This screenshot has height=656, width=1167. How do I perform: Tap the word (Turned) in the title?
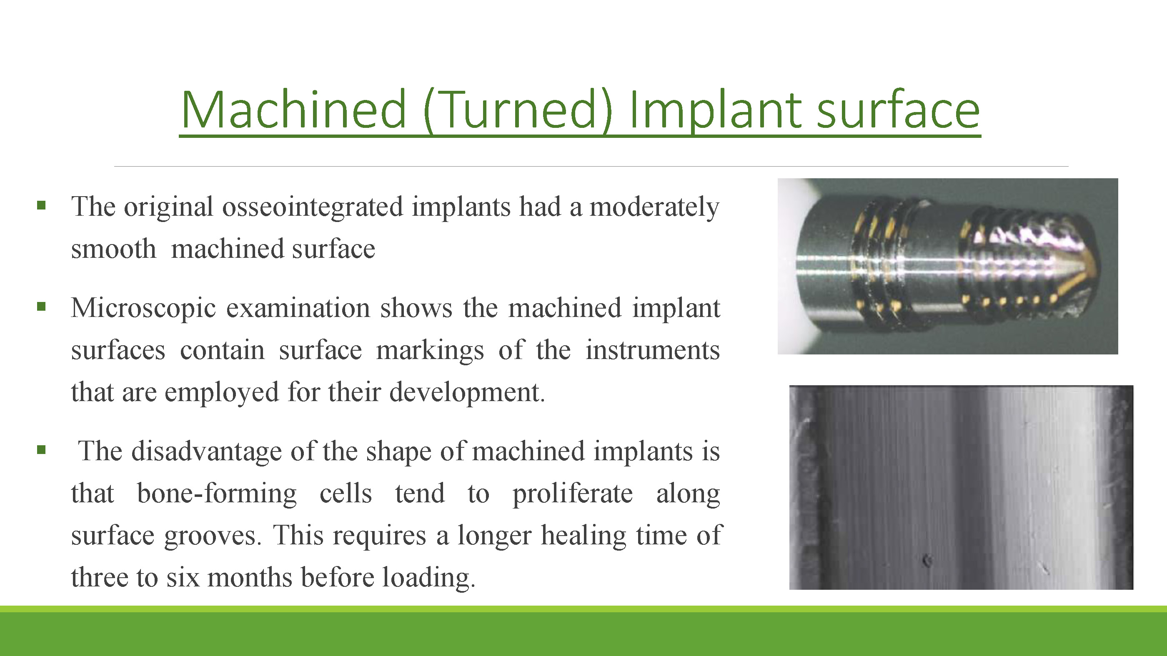pos(517,110)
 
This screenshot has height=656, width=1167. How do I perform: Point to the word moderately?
pos(654,207)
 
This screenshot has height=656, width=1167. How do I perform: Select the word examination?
pos(298,308)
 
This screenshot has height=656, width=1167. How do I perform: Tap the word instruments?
pos(652,350)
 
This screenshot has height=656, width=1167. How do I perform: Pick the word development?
pos(467,392)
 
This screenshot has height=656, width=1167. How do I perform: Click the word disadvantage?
pos(207,451)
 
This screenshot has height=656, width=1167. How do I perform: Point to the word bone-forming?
pos(217,494)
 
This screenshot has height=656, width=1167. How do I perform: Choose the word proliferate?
pos(573,494)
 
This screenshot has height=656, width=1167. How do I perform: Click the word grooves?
pos(213,536)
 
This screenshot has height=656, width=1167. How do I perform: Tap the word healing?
pos(583,536)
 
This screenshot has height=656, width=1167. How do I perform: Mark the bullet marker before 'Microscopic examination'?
pos(41,307)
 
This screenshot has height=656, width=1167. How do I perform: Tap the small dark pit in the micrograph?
pos(927,561)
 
